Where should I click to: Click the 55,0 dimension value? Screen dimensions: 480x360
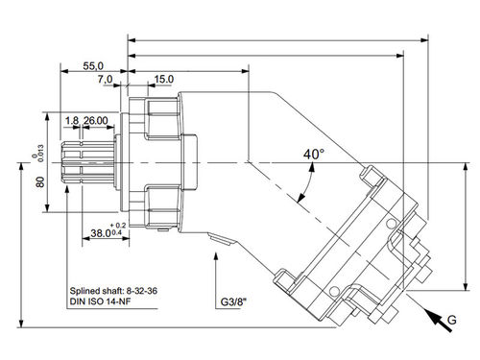tap(93, 66)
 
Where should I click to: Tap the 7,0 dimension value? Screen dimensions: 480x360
tap(106, 79)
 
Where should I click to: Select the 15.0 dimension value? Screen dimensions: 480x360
tap(164, 79)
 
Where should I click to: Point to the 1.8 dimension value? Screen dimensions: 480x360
tap(72, 121)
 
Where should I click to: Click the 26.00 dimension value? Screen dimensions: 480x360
tap(96, 121)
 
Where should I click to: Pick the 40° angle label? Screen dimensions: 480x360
tap(314, 155)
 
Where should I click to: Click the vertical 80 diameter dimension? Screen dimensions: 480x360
tap(40, 181)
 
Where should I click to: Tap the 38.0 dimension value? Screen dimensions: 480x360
tap(100, 233)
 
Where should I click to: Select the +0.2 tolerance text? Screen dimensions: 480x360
tap(118, 226)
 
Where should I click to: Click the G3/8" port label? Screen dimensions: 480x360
tap(234, 302)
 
